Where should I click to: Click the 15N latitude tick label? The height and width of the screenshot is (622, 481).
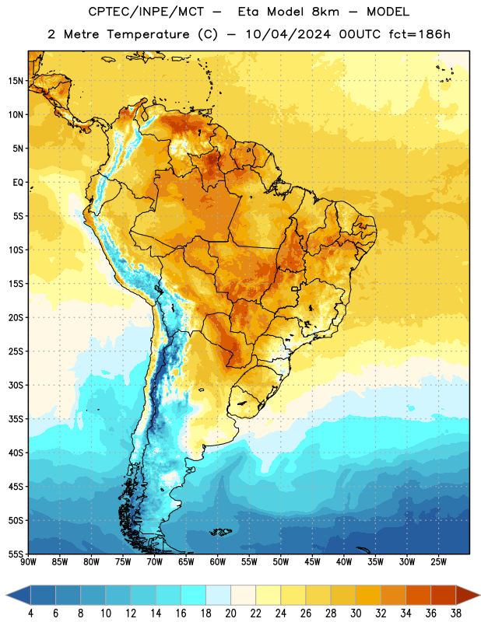point(16,81)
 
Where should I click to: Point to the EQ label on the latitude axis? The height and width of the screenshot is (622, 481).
point(18,183)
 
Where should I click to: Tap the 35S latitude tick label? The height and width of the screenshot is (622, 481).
point(16,419)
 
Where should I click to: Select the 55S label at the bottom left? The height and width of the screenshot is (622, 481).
point(16,554)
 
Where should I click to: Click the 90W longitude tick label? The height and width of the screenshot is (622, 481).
point(29,562)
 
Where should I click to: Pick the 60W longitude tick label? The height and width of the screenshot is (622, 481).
point(218,562)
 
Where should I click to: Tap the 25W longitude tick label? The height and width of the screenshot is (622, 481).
point(438,562)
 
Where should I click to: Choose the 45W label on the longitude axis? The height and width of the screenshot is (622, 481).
point(312,562)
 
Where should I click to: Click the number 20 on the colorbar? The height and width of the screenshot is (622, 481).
point(230,613)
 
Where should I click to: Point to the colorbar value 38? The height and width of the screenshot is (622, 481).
point(455,613)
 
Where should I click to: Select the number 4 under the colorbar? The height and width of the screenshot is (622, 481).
point(30,613)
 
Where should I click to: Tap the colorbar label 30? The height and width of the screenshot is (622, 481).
point(356,613)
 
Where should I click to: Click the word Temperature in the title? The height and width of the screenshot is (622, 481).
point(148,34)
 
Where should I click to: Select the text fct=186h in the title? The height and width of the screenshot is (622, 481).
point(420,34)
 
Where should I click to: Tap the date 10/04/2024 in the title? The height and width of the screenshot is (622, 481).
point(288,34)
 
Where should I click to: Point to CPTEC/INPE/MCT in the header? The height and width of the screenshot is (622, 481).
point(146,12)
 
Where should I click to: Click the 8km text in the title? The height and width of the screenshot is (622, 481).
point(325,12)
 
